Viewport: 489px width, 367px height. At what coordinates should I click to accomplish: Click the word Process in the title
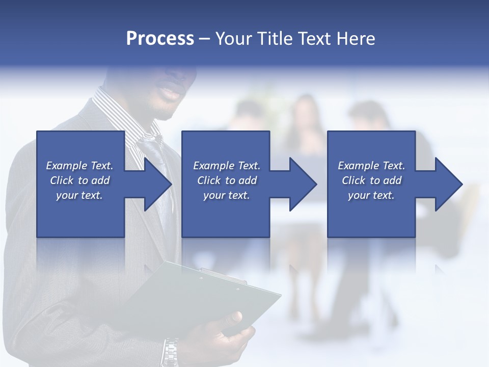160,39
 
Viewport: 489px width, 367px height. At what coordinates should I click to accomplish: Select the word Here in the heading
355,39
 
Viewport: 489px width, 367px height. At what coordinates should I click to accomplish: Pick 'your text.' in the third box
371,195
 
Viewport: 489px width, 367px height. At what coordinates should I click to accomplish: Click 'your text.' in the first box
79,195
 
